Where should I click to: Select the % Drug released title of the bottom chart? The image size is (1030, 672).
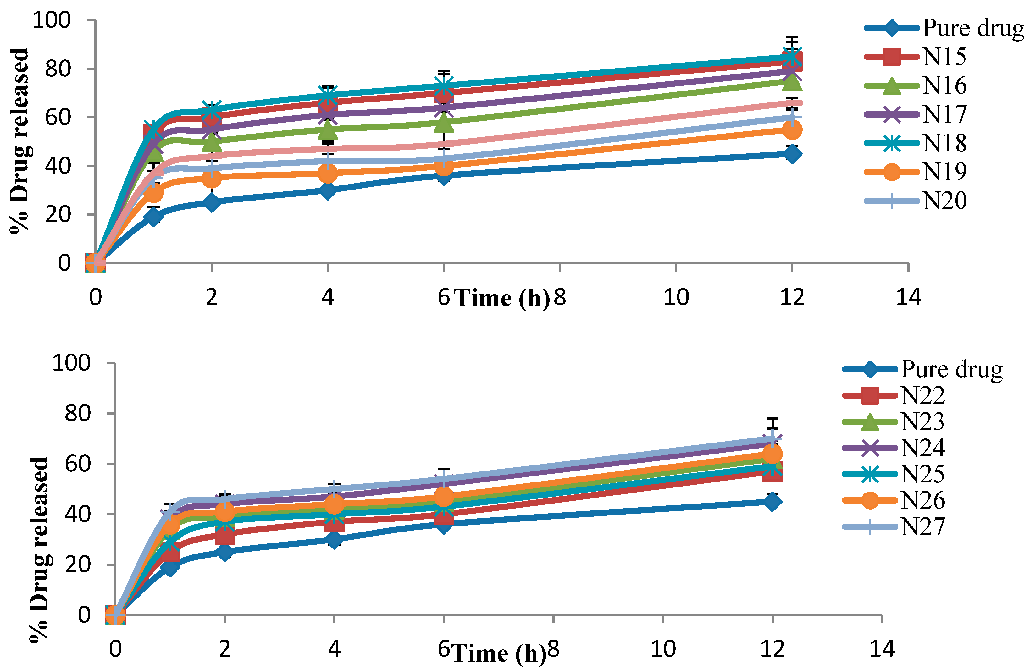pyautogui.click(x=40, y=549)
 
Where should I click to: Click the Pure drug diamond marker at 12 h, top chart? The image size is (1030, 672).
pyautogui.click(x=792, y=154)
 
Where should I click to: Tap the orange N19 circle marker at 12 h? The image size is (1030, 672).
pyautogui.click(x=792, y=129)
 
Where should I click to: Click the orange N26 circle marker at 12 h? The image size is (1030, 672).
pyautogui.click(x=772, y=454)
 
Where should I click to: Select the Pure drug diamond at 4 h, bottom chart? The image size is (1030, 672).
pyautogui.click(x=334, y=540)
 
